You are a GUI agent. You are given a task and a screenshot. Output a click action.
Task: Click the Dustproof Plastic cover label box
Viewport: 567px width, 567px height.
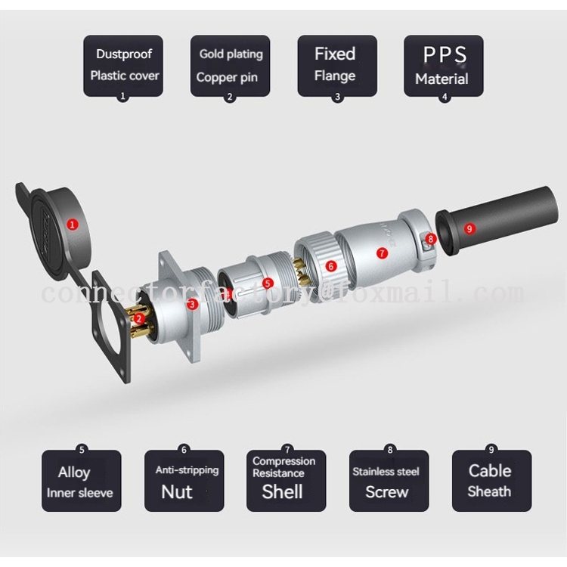pyautogui.click(x=123, y=65)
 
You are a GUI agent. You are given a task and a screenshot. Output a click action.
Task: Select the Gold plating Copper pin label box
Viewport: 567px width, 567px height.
pyautogui.click(x=230, y=65)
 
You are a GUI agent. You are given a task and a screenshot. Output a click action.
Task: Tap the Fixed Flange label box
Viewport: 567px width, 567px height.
pyautogui.click(x=336, y=65)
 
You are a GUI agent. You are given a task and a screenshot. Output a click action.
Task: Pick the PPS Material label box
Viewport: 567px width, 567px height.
pyautogui.click(x=443, y=65)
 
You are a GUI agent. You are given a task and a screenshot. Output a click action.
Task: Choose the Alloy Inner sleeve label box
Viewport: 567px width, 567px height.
pyautogui.click(x=81, y=481)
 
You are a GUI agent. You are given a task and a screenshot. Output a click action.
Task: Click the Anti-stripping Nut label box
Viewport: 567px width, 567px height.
pyautogui.click(x=184, y=481)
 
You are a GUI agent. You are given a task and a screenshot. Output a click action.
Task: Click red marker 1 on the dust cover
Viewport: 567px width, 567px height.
pyautogui.click(x=72, y=224)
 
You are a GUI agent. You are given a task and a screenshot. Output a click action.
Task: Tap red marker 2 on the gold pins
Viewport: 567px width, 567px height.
pyautogui.click(x=139, y=319)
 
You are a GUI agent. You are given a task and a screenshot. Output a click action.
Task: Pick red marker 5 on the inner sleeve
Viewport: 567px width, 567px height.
pyautogui.click(x=268, y=283)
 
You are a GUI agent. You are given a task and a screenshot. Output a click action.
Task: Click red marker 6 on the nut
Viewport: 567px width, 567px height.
pyautogui.click(x=330, y=265)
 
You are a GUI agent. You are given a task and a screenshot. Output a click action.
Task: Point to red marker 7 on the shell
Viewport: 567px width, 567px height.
pyautogui.click(x=382, y=253)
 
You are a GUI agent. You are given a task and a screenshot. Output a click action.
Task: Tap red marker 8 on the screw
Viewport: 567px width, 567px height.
pyautogui.click(x=431, y=239)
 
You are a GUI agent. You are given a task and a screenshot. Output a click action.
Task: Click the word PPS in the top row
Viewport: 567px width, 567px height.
pyautogui.click(x=444, y=55)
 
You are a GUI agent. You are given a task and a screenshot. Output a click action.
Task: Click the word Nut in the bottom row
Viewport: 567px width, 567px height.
pyautogui.click(x=176, y=491)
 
